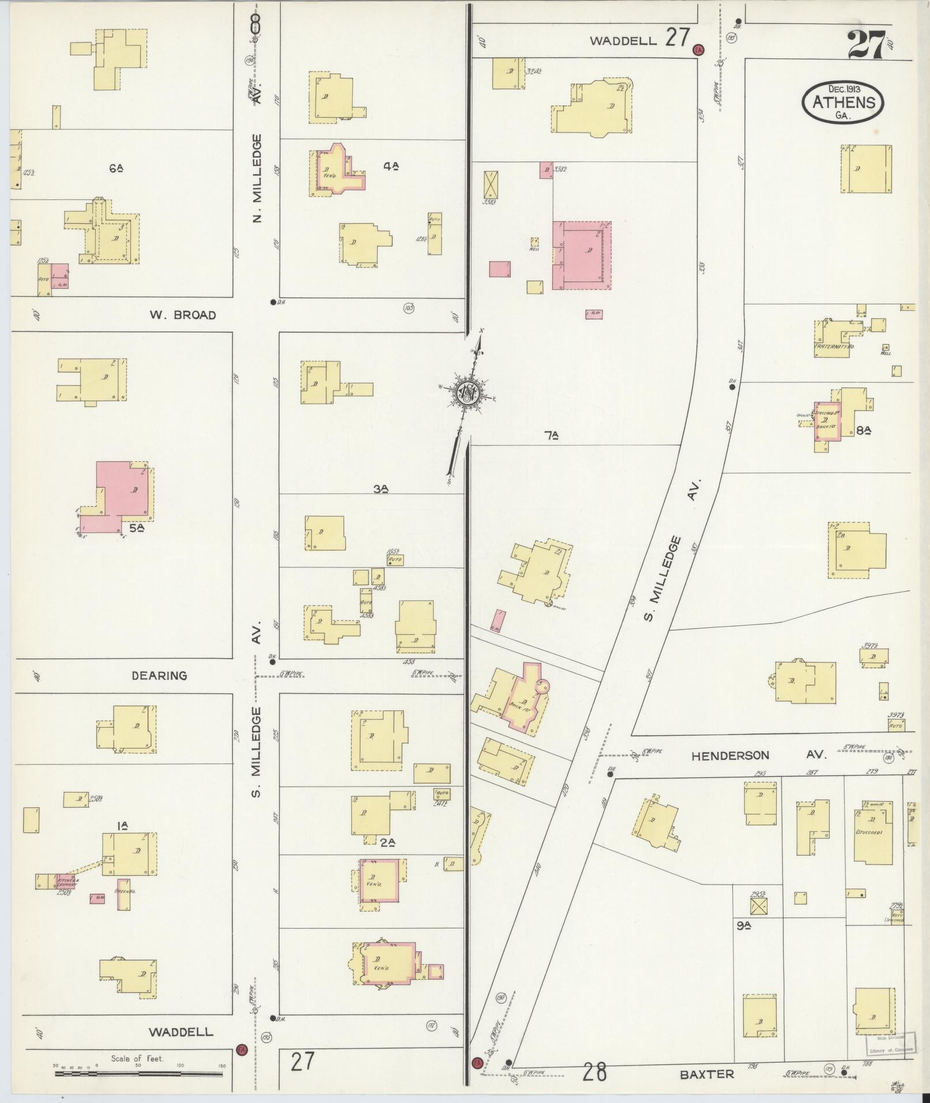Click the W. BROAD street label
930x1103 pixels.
(x=183, y=315)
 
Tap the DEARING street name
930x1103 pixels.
(x=159, y=675)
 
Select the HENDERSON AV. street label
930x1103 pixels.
(x=759, y=755)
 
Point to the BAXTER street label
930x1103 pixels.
(x=706, y=1074)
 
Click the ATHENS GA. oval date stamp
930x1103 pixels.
(x=842, y=102)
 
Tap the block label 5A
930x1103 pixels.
(x=136, y=527)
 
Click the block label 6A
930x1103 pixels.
(x=116, y=168)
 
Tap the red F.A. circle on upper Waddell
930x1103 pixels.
(x=699, y=50)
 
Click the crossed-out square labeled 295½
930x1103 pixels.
(x=759, y=908)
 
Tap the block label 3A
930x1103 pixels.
(x=380, y=489)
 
